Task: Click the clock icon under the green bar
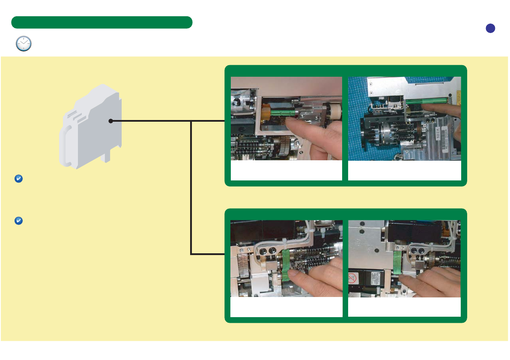[x=24, y=44]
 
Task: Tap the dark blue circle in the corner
[x=490, y=28]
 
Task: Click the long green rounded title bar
[x=101, y=22]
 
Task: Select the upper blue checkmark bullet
[x=18, y=179]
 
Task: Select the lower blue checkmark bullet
[x=18, y=221]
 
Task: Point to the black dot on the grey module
[x=110, y=121]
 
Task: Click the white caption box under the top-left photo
[x=286, y=171]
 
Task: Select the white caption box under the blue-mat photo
[x=404, y=171]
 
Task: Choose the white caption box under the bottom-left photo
[x=286, y=307]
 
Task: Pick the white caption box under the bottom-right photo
[x=404, y=307]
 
